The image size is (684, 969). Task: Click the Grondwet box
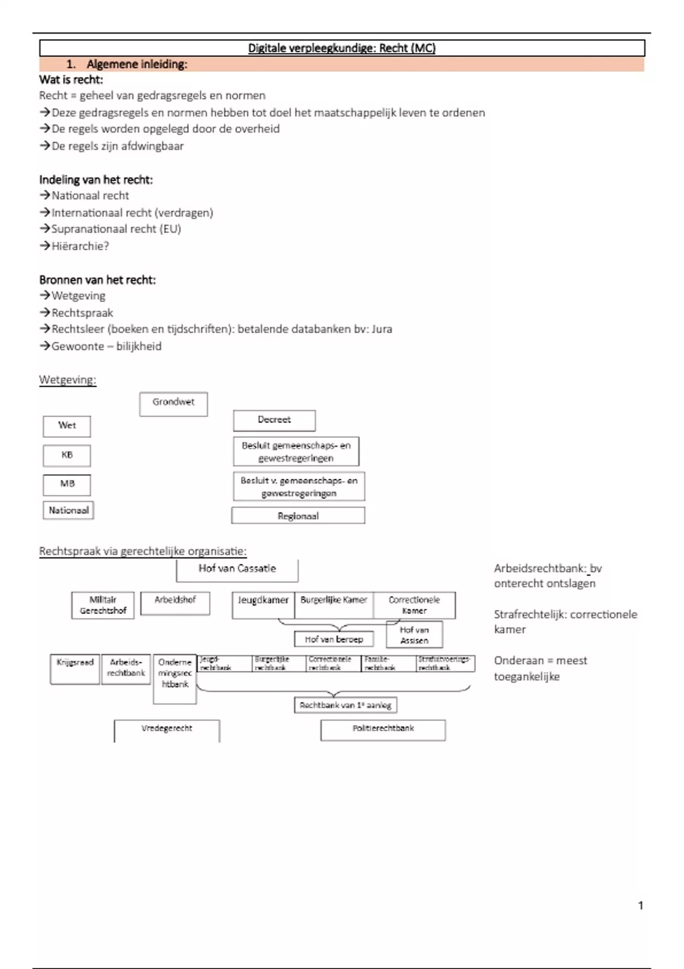(173, 404)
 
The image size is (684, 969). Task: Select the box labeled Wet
(67, 426)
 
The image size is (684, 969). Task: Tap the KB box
(67, 455)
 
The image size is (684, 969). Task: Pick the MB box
(67, 484)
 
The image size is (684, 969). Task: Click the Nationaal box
(68, 511)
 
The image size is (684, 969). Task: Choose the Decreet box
(274, 421)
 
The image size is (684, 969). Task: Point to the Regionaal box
(298, 516)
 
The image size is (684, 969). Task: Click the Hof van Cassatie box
(237, 569)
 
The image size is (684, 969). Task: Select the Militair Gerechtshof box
(103, 605)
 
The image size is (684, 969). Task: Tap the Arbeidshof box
(175, 602)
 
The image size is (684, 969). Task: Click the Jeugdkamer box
(263, 605)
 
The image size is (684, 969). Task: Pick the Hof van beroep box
(334, 640)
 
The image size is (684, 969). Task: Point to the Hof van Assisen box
(414, 635)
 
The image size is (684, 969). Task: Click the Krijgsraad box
(75, 669)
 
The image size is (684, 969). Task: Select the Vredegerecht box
(166, 730)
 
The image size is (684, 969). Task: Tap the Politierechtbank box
(383, 730)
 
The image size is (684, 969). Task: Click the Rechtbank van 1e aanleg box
(345, 706)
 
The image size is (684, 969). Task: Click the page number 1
(641, 906)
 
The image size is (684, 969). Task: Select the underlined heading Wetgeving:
(68, 380)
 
